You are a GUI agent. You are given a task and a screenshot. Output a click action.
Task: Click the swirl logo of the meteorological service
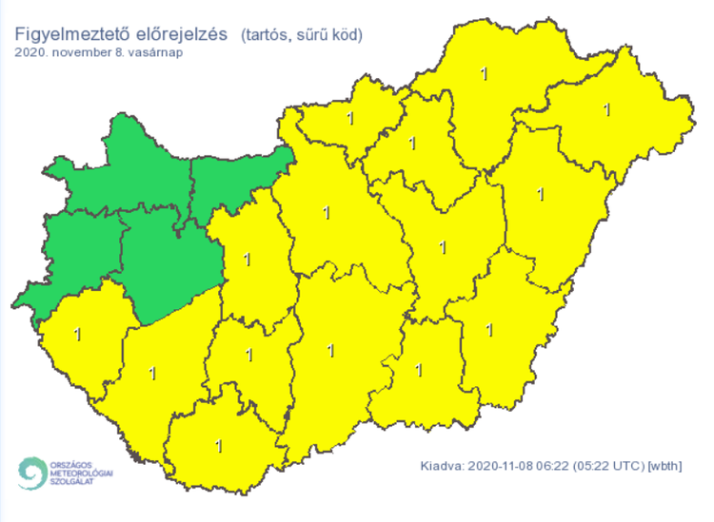pos(33,474)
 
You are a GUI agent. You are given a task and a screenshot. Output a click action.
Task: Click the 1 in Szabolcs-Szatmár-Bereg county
pos(607,110)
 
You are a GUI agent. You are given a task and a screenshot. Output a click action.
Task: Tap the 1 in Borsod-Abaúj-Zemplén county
pos(485,72)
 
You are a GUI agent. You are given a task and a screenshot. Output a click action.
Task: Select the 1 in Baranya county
pos(220,444)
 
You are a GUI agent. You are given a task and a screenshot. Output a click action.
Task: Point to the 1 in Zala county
pos(76,334)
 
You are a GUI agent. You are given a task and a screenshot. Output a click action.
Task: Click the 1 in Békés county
pos(490,330)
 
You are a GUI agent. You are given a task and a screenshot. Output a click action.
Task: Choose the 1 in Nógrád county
pos(351,119)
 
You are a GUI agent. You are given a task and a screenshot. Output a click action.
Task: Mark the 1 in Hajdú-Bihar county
pos(541,195)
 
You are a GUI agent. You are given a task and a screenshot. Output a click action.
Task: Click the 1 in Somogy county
pos(153,373)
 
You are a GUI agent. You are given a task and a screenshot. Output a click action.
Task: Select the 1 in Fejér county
pos(248,258)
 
